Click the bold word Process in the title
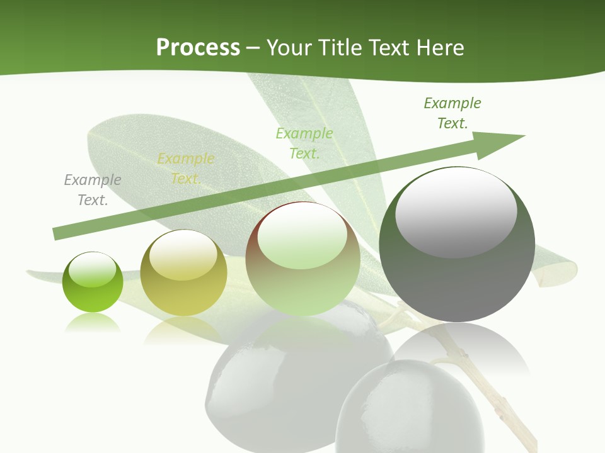(x=198, y=48)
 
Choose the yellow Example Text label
(x=185, y=169)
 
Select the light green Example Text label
(x=304, y=143)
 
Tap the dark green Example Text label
(x=452, y=113)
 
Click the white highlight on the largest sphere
(x=456, y=211)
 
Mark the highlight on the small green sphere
(x=93, y=270)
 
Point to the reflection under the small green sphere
(x=93, y=323)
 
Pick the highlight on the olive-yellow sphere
(x=183, y=254)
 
